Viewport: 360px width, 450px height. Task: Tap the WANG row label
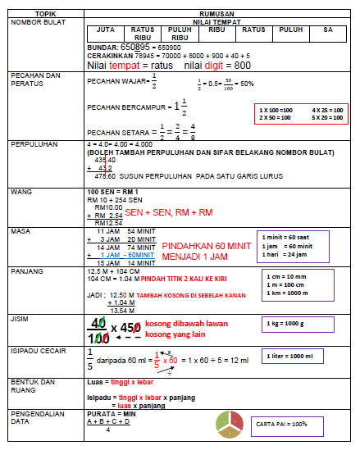[20, 190]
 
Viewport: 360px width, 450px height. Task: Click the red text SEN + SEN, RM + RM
[169, 211]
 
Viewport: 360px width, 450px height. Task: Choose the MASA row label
[20, 231]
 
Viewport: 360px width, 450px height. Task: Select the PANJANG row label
[26, 270]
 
